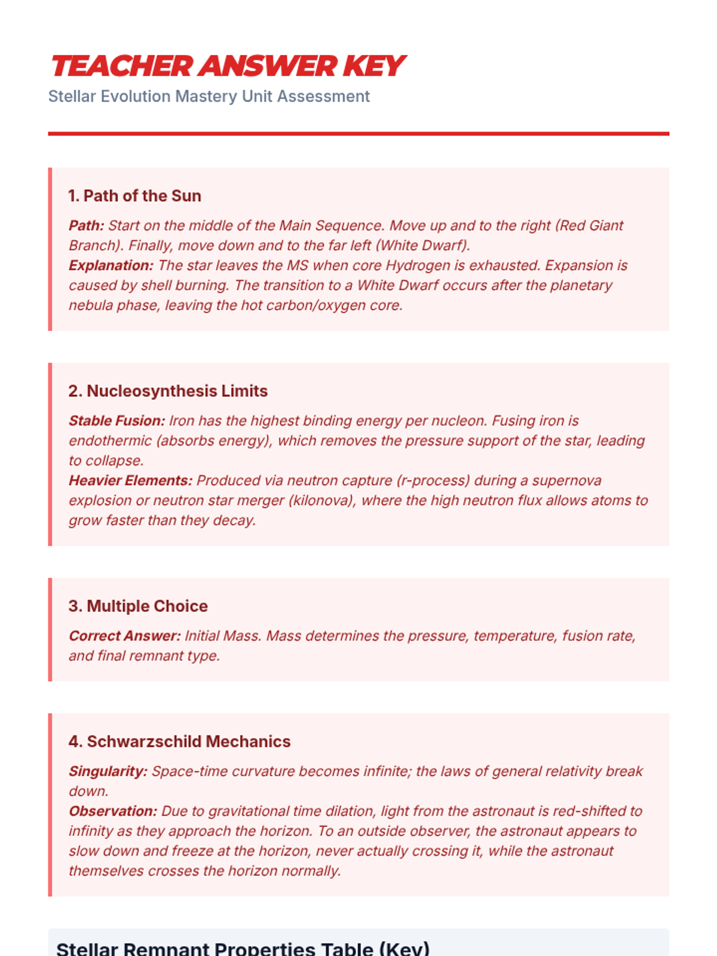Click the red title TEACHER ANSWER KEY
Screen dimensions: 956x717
click(x=228, y=66)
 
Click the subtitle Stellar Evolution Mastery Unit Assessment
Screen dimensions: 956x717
click(x=209, y=96)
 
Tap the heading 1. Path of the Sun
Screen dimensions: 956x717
click(x=134, y=196)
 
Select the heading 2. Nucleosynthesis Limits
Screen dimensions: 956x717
click(x=168, y=391)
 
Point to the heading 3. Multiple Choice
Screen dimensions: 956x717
click(x=138, y=606)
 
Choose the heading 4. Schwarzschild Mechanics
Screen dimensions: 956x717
click(x=179, y=741)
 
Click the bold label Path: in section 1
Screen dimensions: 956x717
click(x=86, y=226)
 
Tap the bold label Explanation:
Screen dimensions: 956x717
click(x=111, y=265)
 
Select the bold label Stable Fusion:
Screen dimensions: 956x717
click(x=117, y=421)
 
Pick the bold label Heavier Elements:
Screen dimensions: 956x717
click(x=130, y=480)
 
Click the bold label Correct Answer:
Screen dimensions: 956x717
click(x=124, y=636)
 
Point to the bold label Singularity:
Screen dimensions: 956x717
click(x=108, y=771)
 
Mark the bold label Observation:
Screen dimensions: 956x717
click(x=113, y=811)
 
